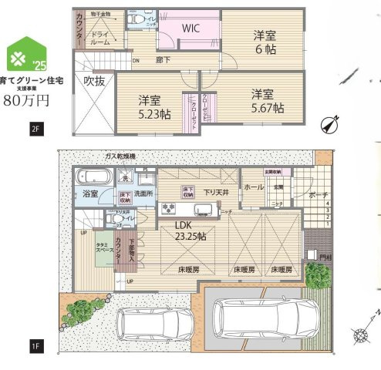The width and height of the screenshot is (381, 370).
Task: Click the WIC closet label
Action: click(191, 28)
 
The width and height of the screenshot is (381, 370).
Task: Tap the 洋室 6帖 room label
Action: click(266, 41)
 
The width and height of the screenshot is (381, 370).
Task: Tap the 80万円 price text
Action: click(28, 99)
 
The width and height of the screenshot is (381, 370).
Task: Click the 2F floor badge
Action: click(35, 129)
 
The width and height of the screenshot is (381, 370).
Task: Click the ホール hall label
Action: click(254, 187)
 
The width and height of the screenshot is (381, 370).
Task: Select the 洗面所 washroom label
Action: click(143, 193)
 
